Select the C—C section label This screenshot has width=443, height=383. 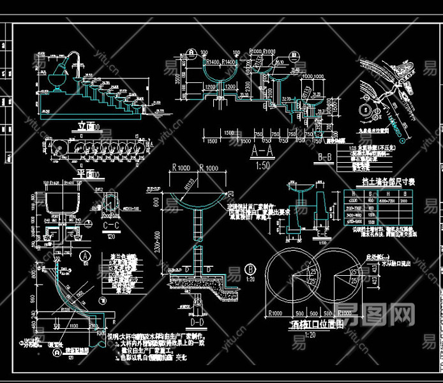[114, 225]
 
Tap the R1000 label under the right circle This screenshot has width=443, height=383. [345, 314]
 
